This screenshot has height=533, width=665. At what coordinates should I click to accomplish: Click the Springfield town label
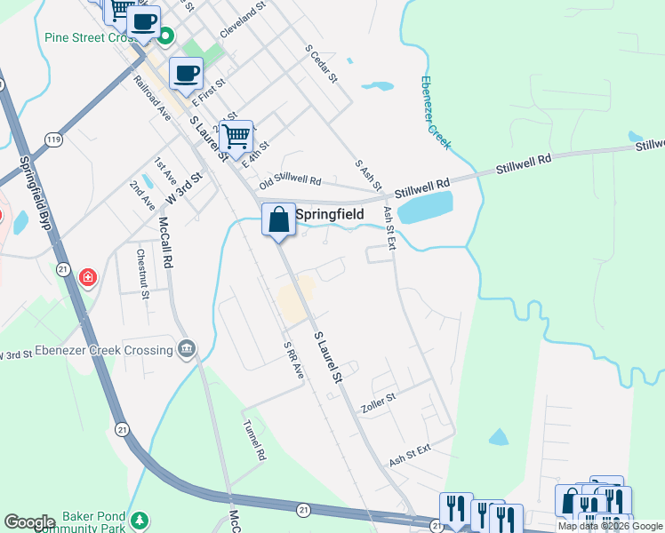[x=329, y=214]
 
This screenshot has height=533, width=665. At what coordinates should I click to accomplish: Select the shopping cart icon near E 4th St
[x=236, y=137]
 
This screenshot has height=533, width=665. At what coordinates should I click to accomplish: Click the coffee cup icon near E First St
[x=186, y=74]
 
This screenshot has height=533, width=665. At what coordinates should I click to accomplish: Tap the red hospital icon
[x=87, y=278]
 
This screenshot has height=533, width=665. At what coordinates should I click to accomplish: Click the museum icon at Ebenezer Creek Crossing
[x=187, y=347]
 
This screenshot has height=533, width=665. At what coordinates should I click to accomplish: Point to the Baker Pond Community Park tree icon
[x=138, y=519]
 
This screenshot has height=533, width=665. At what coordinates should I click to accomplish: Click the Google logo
[x=29, y=521]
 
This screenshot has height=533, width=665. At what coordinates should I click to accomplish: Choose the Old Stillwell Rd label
[x=289, y=180]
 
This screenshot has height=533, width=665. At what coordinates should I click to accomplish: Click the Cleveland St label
[x=243, y=20]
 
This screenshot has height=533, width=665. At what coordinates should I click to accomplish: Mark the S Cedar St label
[x=321, y=64]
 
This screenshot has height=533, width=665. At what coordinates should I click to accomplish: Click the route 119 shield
[x=55, y=140]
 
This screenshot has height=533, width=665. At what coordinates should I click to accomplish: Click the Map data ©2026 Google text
[x=610, y=525]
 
